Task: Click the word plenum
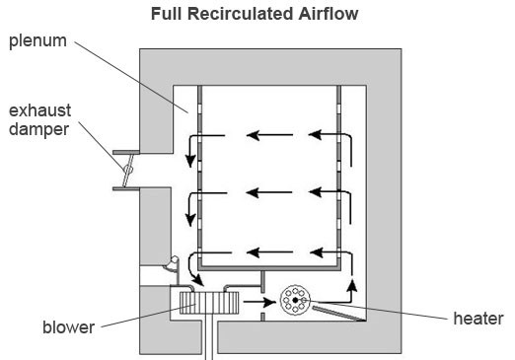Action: click(x=37, y=41)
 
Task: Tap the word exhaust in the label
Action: click(x=39, y=110)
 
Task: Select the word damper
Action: click(x=38, y=129)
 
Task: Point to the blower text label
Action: click(x=69, y=327)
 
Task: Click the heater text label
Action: click(x=478, y=319)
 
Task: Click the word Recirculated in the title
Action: click(x=241, y=14)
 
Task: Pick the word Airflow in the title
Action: click(x=329, y=14)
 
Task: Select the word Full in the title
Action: click(x=167, y=14)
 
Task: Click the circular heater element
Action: click(x=295, y=300)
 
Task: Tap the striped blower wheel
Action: click(x=209, y=303)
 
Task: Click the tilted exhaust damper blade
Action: click(x=127, y=171)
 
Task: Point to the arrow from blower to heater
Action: click(x=259, y=302)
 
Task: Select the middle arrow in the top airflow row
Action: click(x=269, y=135)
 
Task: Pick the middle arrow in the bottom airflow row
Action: click(x=269, y=252)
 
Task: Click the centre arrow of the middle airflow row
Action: click(x=269, y=192)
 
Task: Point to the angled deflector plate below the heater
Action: click(x=338, y=313)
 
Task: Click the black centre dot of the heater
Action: click(x=295, y=300)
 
